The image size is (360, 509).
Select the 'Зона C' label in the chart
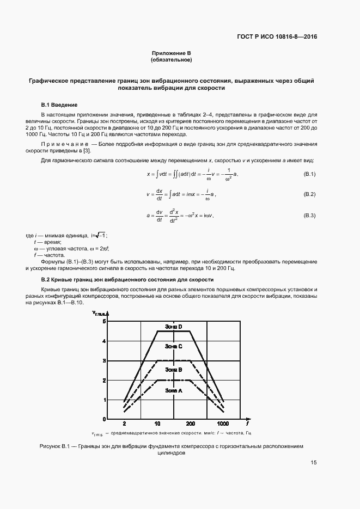click(x=173, y=346)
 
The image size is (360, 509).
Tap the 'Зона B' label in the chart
click(x=173, y=370)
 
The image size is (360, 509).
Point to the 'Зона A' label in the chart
click(x=173, y=390)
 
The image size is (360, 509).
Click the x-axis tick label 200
click(x=190, y=424)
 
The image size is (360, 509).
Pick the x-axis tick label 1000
click(x=223, y=424)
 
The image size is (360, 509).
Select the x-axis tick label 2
click(x=125, y=424)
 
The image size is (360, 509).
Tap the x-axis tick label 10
click(x=157, y=424)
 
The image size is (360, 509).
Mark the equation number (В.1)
click(x=309, y=174)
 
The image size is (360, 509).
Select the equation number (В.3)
click(x=309, y=216)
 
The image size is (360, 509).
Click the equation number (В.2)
click(x=309, y=194)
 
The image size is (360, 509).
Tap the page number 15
click(x=314, y=463)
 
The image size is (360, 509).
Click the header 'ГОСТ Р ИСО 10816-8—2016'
click(x=277, y=38)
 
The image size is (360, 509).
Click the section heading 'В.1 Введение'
click(x=59, y=105)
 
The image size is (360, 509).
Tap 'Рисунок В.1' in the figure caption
click(x=56, y=446)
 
